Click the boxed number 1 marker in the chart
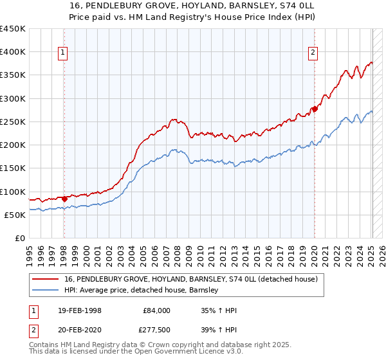[64, 53]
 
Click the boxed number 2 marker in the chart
[313, 53]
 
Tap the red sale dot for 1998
[64, 199]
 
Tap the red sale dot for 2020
[315, 109]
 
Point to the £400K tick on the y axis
[13, 52]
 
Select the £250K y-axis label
[13, 122]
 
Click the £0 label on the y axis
[19, 238]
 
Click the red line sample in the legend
[46, 280]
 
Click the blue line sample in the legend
[46, 291]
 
